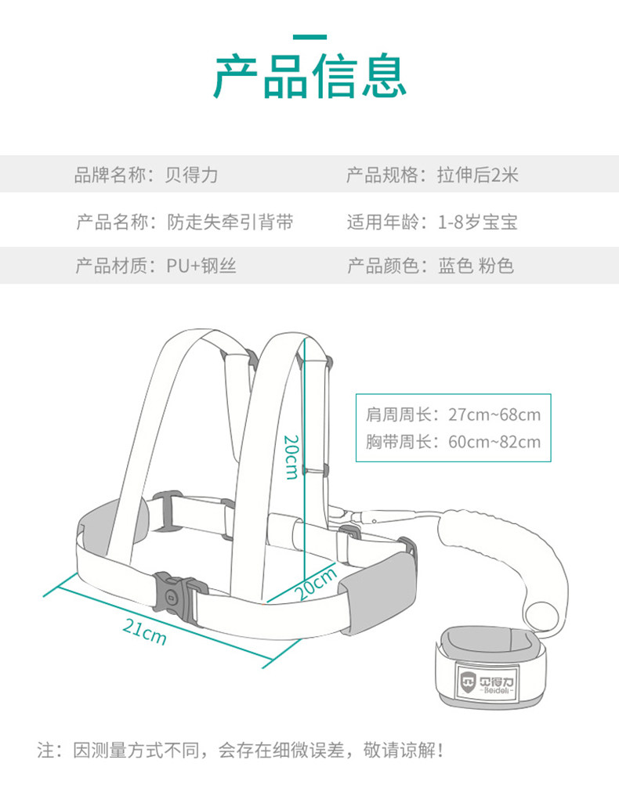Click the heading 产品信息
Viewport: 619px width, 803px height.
pyautogui.click(x=309, y=77)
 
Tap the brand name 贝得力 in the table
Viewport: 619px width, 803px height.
pyautogui.click(x=192, y=175)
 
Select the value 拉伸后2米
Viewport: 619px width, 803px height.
pyautogui.click(x=477, y=175)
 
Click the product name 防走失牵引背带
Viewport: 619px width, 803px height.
pyautogui.click(x=230, y=222)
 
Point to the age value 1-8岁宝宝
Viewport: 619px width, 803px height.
pyautogui.click(x=477, y=222)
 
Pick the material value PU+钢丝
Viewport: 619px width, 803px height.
pyautogui.click(x=201, y=266)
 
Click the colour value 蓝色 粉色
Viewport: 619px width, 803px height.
pyautogui.click(x=476, y=266)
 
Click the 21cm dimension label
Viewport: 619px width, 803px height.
pyautogui.click(x=145, y=631)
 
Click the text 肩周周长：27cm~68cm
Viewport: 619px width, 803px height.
pyautogui.click(x=453, y=415)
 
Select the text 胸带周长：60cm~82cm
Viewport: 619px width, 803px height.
pyautogui.click(x=453, y=442)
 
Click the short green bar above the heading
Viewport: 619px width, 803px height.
pyautogui.click(x=309, y=37)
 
